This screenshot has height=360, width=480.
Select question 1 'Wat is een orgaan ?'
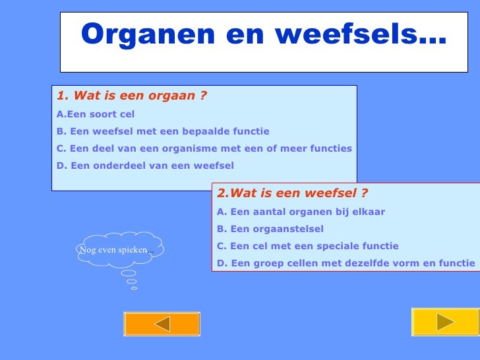coord(132,96)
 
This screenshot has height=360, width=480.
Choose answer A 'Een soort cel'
coord(96,114)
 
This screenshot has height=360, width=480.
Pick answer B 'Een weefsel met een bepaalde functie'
coord(163,131)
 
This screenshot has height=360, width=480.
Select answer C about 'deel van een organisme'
coord(204,148)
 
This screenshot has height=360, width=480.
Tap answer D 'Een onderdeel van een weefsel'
coord(145,165)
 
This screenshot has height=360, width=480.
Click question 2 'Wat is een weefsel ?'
coord(292,193)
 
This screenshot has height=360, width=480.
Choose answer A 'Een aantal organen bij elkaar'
coord(301,212)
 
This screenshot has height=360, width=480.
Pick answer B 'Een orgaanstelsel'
coord(270,229)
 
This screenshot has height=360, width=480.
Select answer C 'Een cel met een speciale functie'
coord(307,246)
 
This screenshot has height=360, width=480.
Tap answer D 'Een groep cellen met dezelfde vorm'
coord(345,263)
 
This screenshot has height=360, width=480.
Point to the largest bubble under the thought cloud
coord(129,273)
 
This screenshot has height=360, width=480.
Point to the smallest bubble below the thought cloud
coord(134,288)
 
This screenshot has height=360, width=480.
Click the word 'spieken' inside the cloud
coord(132,250)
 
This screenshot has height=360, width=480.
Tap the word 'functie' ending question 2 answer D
coord(456,263)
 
